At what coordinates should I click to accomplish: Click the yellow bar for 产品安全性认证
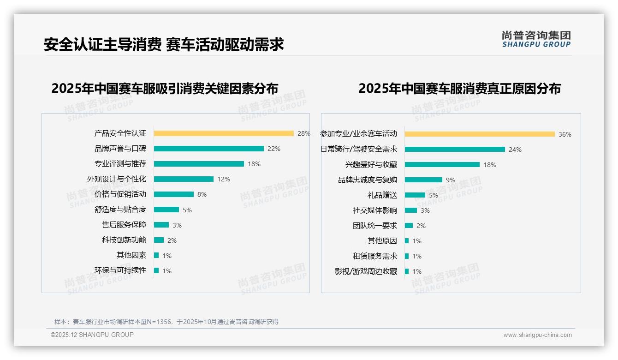click(x=224, y=133)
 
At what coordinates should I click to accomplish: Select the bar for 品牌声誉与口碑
click(x=208, y=149)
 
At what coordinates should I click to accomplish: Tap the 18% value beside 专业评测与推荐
click(x=254, y=164)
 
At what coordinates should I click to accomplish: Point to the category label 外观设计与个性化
click(x=117, y=179)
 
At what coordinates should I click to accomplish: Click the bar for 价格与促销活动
click(x=174, y=194)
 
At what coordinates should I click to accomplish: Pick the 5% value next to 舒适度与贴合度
click(x=187, y=210)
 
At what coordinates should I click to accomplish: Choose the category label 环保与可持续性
click(x=120, y=270)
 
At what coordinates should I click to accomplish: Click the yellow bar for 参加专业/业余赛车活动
click(x=480, y=134)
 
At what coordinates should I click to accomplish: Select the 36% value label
click(x=565, y=135)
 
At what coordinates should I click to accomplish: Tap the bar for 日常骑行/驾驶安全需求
click(x=455, y=150)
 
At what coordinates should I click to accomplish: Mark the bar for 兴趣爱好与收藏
click(x=442, y=165)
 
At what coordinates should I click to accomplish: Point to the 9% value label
click(x=451, y=180)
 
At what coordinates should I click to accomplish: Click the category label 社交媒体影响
click(x=375, y=210)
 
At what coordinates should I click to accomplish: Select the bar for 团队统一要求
click(x=409, y=226)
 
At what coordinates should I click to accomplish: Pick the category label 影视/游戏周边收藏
click(x=366, y=271)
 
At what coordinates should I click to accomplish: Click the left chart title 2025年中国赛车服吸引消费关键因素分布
click(x=165, y=88)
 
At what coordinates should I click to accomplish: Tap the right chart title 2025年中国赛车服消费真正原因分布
click(x=459, y=88)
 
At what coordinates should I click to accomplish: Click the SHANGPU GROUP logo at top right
click(x=536, y=39)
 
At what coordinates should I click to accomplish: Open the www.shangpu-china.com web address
click(x=537, y=335)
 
